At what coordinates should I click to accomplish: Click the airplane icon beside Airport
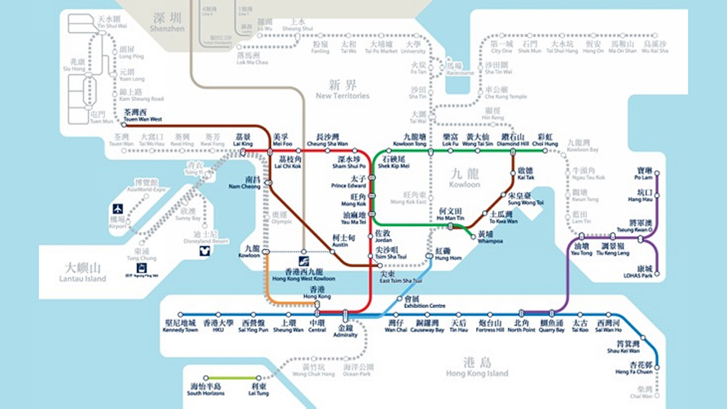(x=117, y=209)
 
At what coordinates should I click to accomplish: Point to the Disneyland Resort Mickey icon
(x=205, y=251)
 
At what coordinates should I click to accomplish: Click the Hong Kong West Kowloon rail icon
(x=303, y=262)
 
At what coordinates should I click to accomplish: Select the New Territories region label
(x=342, y=91)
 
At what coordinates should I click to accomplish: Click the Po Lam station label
(x=644, y=174)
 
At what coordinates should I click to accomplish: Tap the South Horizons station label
(x=205, y=389)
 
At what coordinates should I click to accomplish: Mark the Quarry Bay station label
(x=551, y=326)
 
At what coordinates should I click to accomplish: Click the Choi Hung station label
(x=545, y=140)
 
